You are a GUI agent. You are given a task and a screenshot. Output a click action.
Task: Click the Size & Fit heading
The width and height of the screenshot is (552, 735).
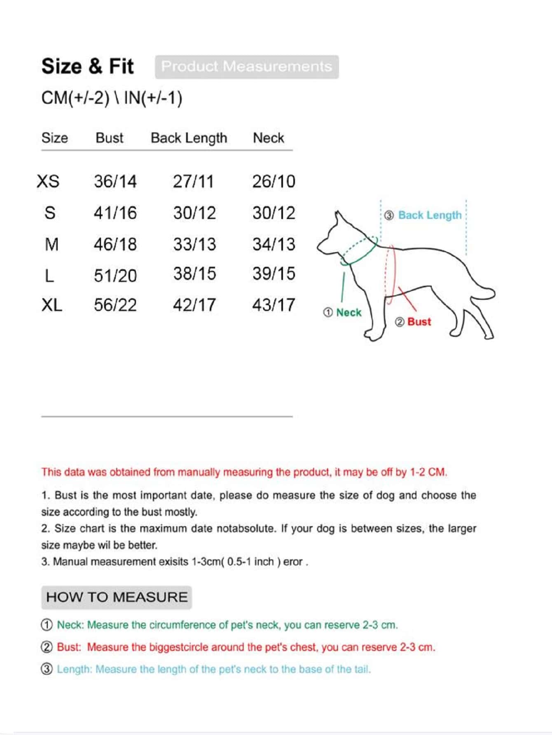87,66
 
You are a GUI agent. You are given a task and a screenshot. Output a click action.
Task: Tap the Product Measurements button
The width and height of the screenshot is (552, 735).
247,67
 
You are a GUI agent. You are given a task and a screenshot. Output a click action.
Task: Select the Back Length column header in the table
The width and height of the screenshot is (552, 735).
189,138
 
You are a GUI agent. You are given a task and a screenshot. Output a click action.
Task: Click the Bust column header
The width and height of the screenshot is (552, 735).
109,138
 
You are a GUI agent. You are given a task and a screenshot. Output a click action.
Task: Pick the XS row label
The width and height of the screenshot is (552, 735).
48,182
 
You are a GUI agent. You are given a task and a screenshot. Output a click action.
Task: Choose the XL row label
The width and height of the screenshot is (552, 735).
52,305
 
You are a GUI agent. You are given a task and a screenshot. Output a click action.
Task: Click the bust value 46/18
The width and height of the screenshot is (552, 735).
115,245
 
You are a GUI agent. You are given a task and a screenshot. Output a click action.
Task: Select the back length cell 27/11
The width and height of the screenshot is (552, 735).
193,182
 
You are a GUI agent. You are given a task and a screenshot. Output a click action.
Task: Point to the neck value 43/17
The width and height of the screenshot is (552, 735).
274,305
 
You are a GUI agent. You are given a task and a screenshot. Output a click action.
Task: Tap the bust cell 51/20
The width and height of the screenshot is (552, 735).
115,275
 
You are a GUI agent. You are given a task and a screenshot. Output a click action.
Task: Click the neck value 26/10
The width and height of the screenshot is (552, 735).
274,182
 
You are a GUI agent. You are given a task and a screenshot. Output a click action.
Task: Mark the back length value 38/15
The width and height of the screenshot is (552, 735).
194,274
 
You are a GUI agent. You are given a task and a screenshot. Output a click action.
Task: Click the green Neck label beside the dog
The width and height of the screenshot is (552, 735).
349,313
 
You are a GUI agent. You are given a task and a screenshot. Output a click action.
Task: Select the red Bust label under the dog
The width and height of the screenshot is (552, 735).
419,322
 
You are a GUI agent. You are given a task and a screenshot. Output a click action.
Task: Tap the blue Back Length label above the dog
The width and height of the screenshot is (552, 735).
430,215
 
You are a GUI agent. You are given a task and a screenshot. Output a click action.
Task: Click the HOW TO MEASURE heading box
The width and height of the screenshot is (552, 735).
117,597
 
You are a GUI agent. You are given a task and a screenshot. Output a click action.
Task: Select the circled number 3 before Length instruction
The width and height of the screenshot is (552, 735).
47,669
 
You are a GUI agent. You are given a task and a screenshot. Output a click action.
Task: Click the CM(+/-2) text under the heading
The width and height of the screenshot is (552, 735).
75,98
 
